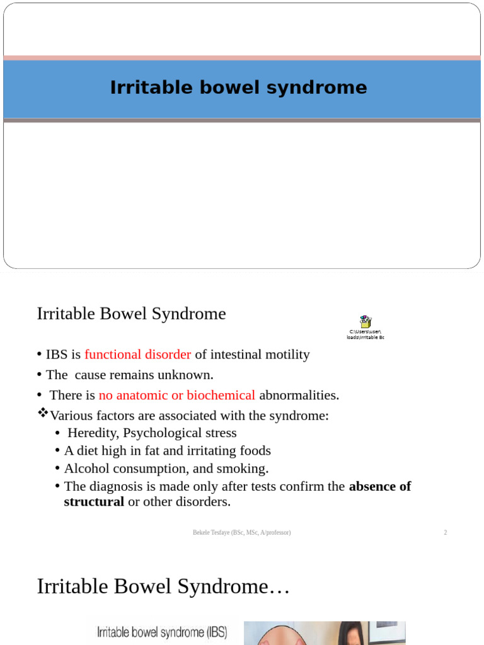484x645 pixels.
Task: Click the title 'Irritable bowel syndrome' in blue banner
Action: pyautogui.click(x=238, y=88)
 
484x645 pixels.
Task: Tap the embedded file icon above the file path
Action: pyautogui.click(x=365, y=322)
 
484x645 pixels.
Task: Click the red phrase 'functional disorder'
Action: pyautogui.click(x=137, y=355)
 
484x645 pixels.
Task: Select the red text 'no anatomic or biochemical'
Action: pyautogui.click(x=176, y=396)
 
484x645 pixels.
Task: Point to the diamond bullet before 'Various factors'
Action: pyautogui.click(x=43, y=413)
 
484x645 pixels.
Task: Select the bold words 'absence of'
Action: pyautogui.click(x=379, y=486)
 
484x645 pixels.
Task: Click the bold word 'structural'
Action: pyautogui.click(x=94, y=502)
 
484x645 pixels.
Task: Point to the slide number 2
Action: pyautogui.click(x=445, y=533)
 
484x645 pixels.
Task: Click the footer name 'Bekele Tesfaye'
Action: pyautogui.click(x=212, y=533)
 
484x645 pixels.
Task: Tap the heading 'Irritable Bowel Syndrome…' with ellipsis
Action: pyautogui.click(x=163, y=586)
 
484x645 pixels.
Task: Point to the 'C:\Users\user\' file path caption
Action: pyautogui.click(x=365, y=331)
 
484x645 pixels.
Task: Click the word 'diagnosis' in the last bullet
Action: pyautogui.click(x=113, y=486)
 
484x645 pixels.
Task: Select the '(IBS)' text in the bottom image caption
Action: pyautogui.click(x=212, y=632)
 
